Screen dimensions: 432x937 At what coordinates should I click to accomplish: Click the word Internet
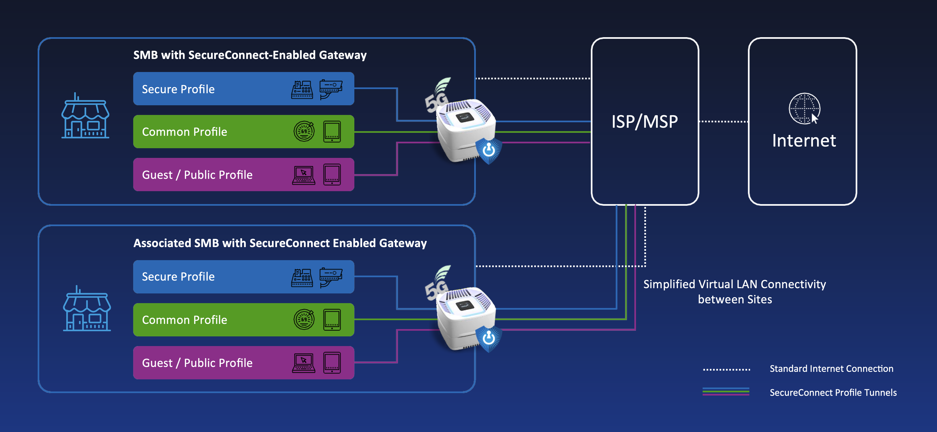[804, 140]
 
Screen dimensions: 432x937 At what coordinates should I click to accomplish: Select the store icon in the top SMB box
[85, 116]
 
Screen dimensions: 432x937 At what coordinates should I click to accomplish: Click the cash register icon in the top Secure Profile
[302, 90]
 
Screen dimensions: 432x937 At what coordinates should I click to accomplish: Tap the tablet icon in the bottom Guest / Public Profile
[332, 363]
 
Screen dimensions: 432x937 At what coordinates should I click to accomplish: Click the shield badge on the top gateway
[489, 150]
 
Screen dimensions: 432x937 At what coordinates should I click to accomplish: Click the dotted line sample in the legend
[726, 369]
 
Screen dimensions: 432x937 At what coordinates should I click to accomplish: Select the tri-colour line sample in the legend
[726, 392]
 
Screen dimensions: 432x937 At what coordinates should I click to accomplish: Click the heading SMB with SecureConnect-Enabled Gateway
[250, 55]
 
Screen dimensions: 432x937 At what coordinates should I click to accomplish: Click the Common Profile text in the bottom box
[184, 320]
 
